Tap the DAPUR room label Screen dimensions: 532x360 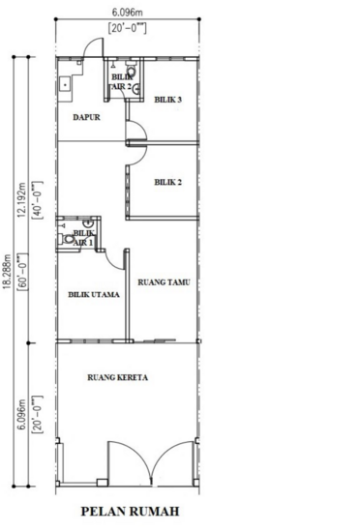87,118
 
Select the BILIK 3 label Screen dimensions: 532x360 168,99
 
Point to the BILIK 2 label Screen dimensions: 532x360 168,182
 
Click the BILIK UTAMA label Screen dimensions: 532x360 93,296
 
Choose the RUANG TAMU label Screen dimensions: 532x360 164,282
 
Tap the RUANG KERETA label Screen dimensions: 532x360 118,378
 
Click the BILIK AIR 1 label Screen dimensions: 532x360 83,238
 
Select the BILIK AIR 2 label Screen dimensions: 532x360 121,80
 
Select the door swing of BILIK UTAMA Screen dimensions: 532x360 117,257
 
